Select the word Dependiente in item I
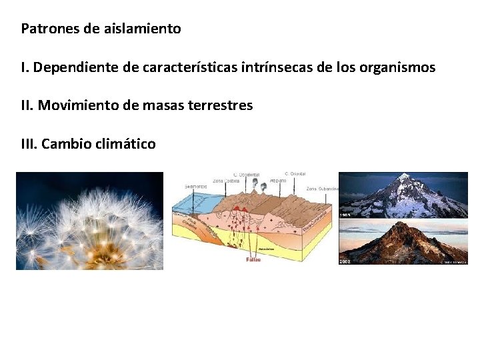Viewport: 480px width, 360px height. [73, 67]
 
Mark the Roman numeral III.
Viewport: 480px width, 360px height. [29, 143]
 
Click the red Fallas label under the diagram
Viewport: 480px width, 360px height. [253, 259]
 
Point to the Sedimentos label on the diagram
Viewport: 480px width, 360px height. [195, 186]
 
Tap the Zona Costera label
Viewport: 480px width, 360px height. [226, 180]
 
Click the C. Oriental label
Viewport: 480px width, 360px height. [295, 174]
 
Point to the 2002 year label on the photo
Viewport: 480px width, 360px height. [345, 262]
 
